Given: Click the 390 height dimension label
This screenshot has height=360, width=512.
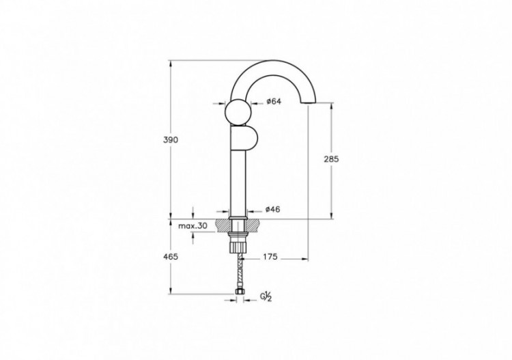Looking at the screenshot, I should (x=171, y=139).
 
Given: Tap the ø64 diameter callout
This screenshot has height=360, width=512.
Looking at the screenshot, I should (x=274, y=102).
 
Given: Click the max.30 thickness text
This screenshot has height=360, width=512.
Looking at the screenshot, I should (x=193, y=225).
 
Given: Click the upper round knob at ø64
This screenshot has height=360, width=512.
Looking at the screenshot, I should (x=238, y=112).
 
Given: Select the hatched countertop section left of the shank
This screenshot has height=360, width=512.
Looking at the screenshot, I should (x=223, y=224).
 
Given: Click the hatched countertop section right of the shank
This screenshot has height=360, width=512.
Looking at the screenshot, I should (x=254, y=224).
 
